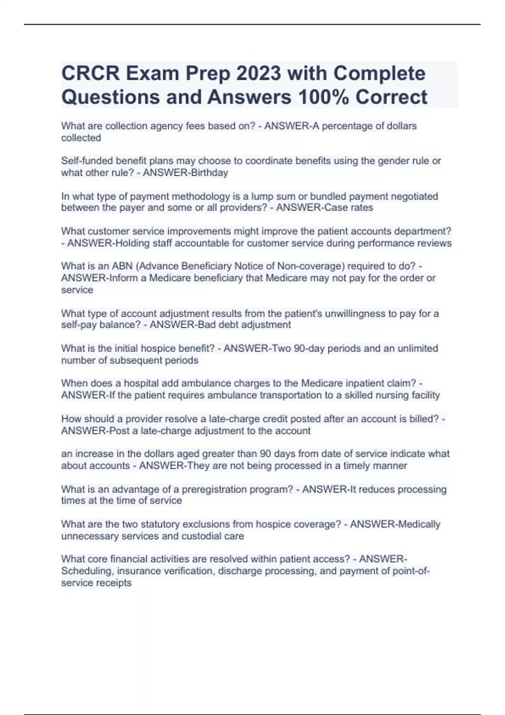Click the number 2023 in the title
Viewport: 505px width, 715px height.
258,73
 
